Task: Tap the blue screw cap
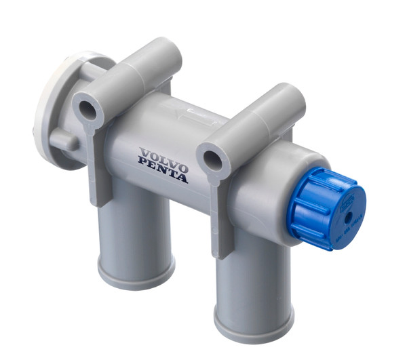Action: [326, 208]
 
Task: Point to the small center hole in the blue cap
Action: [347, 218]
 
